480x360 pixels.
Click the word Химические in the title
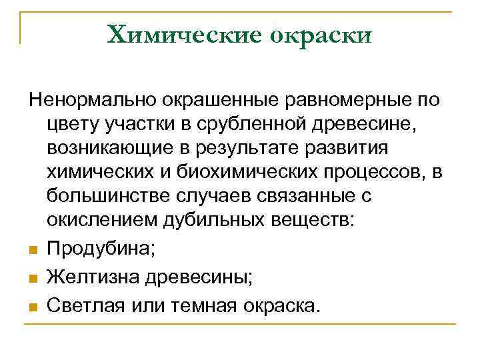tap(183, 35)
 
